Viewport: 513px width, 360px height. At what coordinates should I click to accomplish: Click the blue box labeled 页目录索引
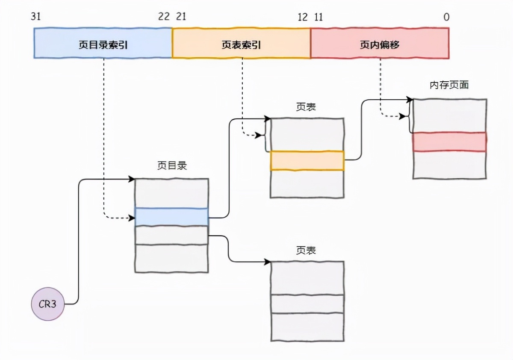click(x=103, y=43)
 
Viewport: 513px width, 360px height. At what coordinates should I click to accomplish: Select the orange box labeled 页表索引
click(x=241, y=43)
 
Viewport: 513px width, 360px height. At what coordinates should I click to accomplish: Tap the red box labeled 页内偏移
click(x=380, y=43)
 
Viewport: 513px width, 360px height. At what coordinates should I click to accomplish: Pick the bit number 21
click(x=181, y=17)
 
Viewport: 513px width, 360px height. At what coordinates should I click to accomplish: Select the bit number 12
click(x=303, y=17)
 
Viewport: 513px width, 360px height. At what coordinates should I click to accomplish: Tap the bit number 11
click(x=318, y=17)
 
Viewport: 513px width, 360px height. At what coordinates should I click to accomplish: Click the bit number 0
click(x=446, y=17)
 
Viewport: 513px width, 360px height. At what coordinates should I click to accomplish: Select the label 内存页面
click(x=449, y=85)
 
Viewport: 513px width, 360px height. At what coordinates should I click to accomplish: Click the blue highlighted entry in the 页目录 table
click(x=171, y=217)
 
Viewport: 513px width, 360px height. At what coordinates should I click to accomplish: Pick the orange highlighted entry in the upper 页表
click(x=307, y=161)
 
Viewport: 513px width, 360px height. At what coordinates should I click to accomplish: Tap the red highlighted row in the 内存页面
click(x=449, y=142)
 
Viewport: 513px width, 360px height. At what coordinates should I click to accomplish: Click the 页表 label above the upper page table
click(x=306, y=107)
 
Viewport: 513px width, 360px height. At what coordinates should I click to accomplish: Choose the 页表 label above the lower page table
click(x=306, y=250)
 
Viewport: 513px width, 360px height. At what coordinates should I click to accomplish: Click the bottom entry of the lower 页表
click(x=307, y=327)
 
